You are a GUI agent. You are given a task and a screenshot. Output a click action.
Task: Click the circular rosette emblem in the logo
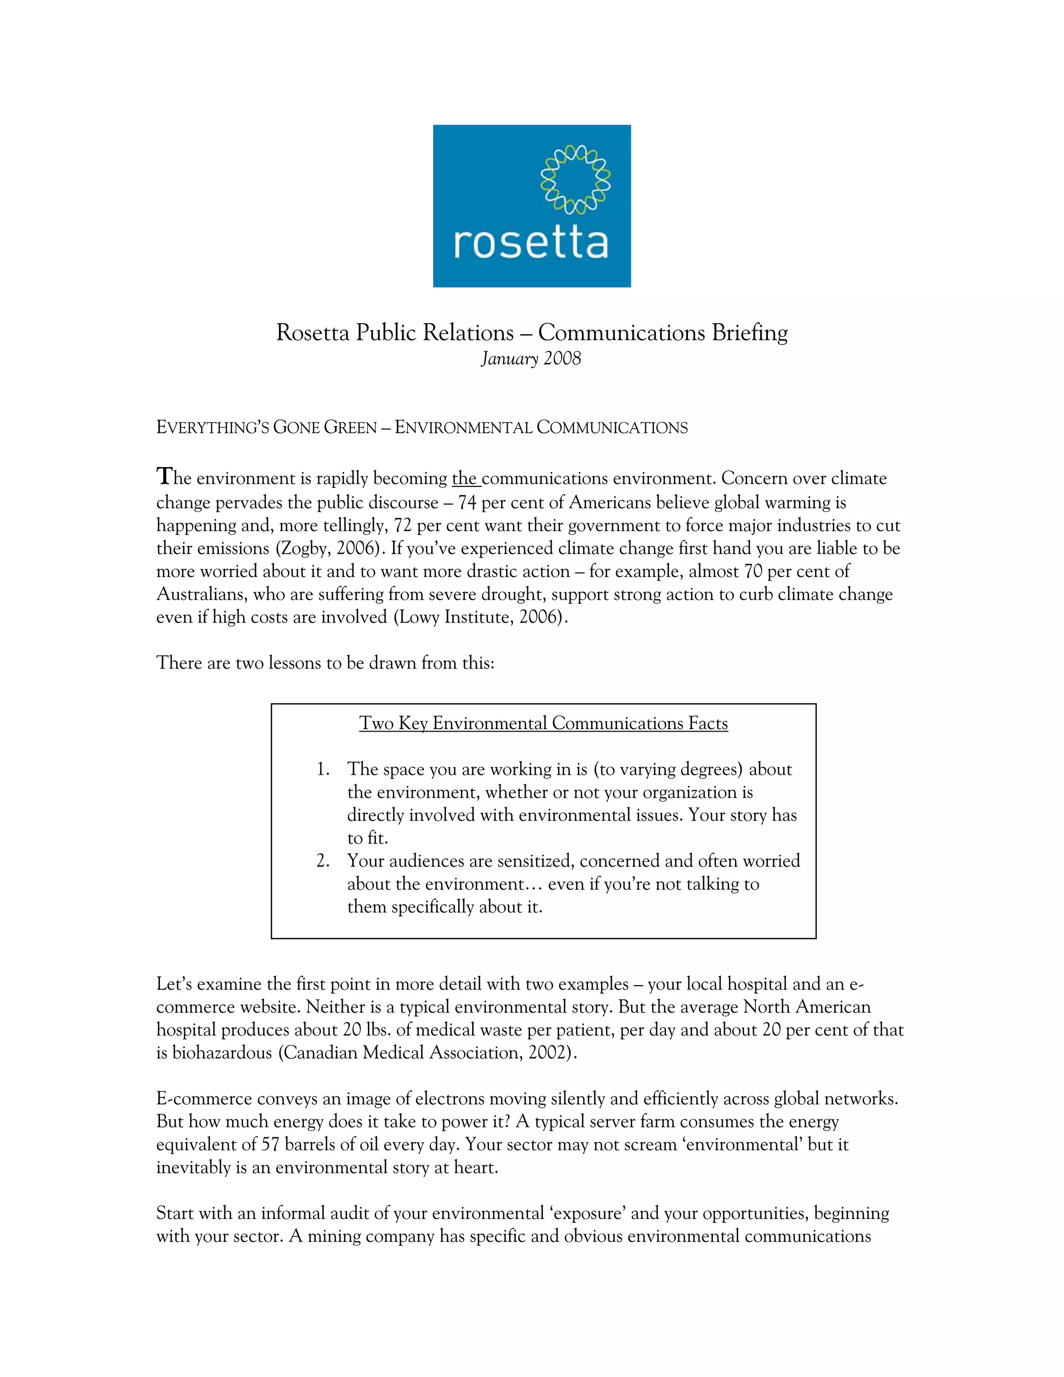coord(576,180)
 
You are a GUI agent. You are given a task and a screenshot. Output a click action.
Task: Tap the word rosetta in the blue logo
coord(531,243)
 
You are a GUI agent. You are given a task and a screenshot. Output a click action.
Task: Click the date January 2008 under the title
coord(531,359)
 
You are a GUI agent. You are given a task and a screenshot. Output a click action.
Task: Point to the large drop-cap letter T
coord(165,476)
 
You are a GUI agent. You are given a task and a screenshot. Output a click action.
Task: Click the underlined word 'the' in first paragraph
coord(464,479)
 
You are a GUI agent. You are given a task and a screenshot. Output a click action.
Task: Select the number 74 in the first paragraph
coord(467,502)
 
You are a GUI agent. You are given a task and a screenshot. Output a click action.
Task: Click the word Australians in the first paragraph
coord(201,594)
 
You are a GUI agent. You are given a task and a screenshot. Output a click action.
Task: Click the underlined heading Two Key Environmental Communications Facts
coord(543,723)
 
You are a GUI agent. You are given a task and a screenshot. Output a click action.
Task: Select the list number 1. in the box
coord(323,769)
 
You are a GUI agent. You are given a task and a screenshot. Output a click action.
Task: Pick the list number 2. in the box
coord(323,861)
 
